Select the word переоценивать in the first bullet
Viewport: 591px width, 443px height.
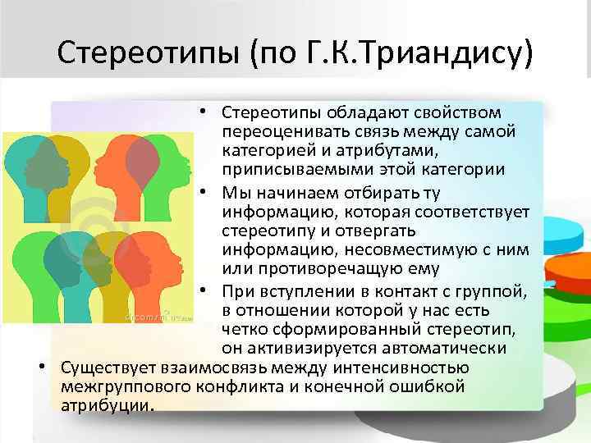click(x=274, y=130)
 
